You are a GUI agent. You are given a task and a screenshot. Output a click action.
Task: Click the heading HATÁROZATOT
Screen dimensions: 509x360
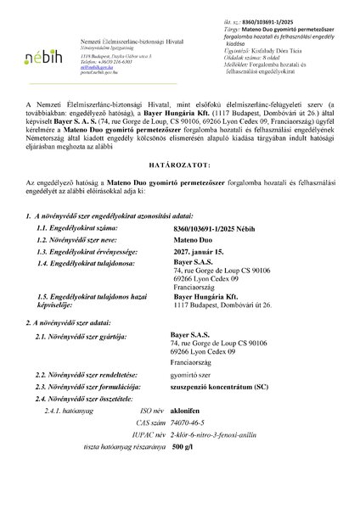(x=180, y=186)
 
